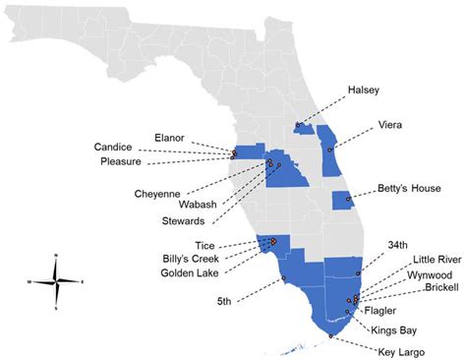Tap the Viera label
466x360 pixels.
[389, 125]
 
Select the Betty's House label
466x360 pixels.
[404, 188]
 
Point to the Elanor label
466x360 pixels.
[170, 137]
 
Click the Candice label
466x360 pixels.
[113, 147]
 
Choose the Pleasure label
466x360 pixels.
[123, 161]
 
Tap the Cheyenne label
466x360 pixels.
[156, 194]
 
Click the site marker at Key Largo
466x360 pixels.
[331, 335]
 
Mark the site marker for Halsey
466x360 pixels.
[298, 125]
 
